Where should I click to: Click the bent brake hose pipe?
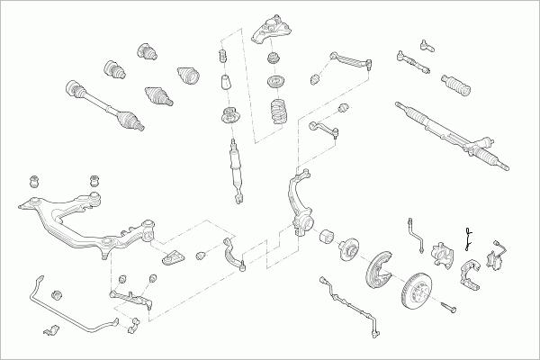[415, 233]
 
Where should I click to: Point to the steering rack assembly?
[450, 135]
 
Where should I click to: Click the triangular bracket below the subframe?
[173, 258]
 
